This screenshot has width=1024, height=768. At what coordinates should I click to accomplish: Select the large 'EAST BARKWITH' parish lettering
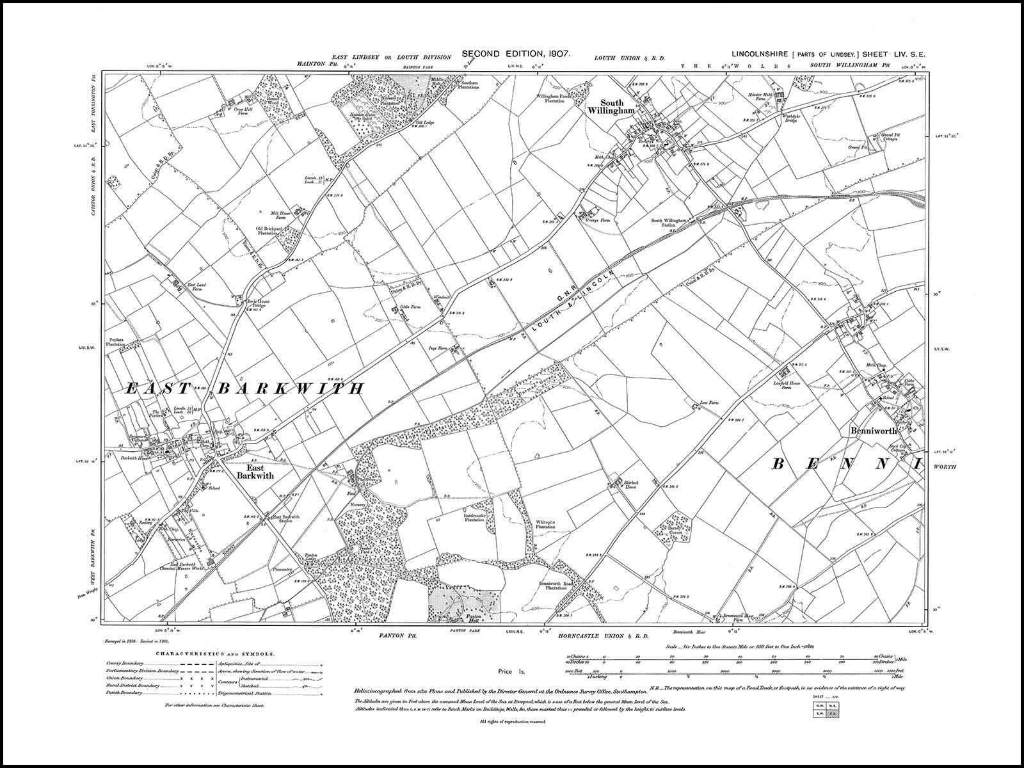[x=244, y=388]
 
